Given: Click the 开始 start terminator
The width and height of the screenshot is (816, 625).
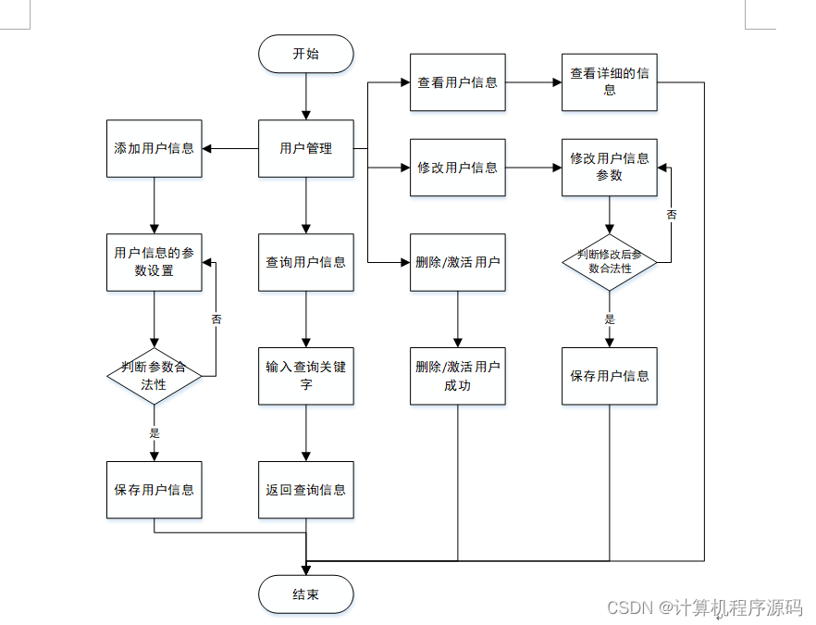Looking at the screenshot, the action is point(306,54).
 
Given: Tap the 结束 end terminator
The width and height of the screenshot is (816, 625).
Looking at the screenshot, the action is point(306,594).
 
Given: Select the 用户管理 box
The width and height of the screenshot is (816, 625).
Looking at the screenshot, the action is point(306,148).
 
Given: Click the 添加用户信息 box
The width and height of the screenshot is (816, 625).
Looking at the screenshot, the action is point(154,148).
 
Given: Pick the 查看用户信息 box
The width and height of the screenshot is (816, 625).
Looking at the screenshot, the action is point(457,82).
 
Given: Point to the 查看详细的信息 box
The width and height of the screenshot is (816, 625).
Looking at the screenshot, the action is point(610,82).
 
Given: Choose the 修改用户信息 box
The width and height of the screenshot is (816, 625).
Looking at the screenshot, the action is point(457,168).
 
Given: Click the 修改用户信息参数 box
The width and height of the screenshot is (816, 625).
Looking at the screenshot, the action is point(610,168).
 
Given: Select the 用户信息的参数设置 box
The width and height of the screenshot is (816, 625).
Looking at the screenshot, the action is point(154,262).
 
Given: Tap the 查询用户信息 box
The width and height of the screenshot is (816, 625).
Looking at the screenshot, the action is point(306,262).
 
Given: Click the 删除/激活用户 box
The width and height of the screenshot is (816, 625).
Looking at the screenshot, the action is point(457,262).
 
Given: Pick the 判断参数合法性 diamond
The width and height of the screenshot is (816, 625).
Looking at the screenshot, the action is point(154,376).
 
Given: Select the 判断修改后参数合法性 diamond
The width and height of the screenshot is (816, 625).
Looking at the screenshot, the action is point(610,262).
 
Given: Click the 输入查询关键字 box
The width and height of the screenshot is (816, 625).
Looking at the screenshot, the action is point(306,376).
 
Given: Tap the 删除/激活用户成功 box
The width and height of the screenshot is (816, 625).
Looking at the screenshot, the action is point(457,376).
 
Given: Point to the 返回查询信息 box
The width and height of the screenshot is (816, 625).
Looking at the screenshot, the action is point(306,490).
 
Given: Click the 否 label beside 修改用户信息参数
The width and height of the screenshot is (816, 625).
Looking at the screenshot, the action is point(672,215).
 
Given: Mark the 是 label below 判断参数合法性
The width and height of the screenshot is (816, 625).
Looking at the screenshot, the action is point(154,432).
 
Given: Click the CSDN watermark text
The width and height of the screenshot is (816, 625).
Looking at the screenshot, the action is point(705,607).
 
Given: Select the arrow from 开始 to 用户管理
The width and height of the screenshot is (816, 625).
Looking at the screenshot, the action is point(306,96).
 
